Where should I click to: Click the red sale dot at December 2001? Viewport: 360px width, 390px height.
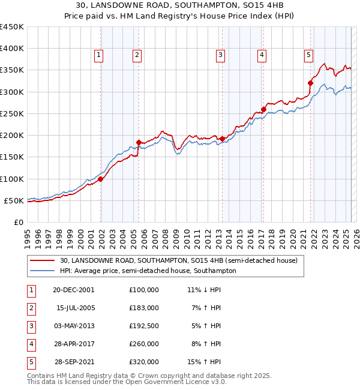101,179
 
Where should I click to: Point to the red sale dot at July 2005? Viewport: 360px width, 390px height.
139,142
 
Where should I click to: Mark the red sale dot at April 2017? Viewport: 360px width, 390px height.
263,109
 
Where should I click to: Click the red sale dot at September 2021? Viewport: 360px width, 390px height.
311,83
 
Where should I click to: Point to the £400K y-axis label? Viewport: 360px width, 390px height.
12,49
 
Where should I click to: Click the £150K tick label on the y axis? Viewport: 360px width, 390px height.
12,157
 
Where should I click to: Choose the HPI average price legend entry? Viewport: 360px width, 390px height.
148,271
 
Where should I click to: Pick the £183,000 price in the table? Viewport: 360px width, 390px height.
144,308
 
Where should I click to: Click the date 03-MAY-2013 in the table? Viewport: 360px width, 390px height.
74,326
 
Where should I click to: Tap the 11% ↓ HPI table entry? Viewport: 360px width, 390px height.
205,290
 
